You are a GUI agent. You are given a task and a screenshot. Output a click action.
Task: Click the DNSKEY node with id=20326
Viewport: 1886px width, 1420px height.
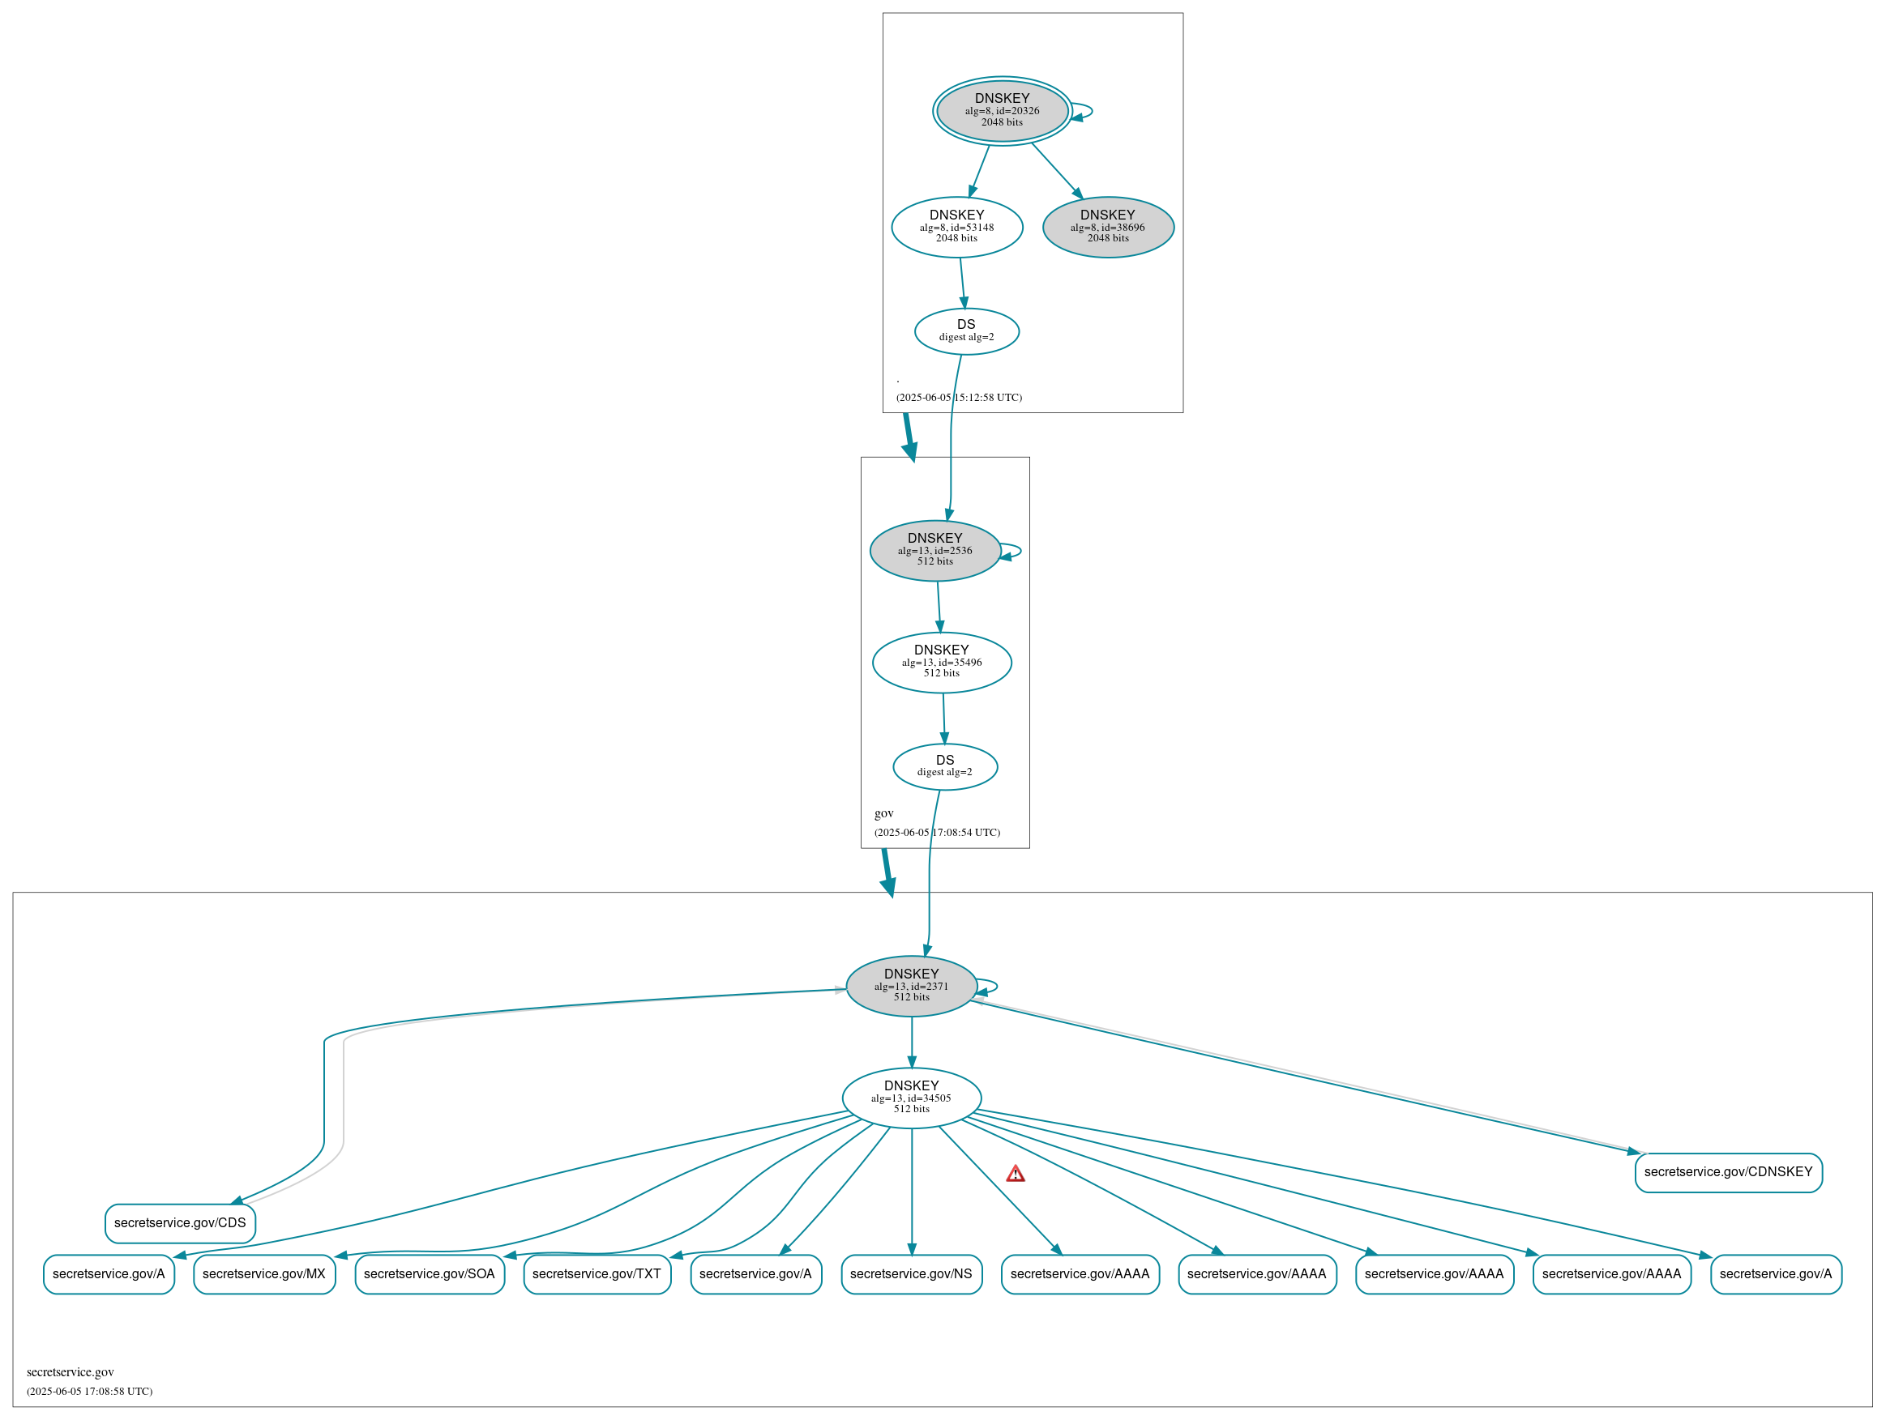[x=1002, y=111]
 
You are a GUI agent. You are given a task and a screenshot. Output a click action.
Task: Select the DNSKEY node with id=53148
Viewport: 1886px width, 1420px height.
[x=956, y=228]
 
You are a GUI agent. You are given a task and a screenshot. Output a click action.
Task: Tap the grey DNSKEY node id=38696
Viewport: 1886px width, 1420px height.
[x=1108, y=228]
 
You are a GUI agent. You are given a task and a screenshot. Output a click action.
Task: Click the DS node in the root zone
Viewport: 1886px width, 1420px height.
[x=966, y=331]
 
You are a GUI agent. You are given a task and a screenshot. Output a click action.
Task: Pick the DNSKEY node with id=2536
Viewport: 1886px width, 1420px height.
[x=934, y=551]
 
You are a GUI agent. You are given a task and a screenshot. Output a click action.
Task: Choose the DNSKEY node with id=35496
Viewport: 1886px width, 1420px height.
[x=941, y=663]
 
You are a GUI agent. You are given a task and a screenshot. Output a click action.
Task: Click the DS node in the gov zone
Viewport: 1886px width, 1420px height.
[x=945, y=766]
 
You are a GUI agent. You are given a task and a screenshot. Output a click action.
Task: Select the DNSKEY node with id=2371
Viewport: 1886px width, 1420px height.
[x=911, y=986]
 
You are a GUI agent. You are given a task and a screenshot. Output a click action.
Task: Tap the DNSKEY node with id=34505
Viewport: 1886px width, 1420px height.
[x=911, y=1098]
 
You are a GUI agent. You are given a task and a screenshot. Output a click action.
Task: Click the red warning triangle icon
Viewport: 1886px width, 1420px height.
[x=1015, y=1175]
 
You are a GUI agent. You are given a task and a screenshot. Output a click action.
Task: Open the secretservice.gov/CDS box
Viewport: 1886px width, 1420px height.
[x=180, y=1223]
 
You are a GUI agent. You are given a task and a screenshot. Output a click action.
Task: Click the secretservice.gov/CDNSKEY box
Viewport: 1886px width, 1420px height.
[x=1727, y=1172]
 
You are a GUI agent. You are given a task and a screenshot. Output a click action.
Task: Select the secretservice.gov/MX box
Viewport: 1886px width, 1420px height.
[x=264, y=1273]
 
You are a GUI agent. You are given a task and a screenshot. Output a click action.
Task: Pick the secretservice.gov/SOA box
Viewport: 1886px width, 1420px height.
[x=429, y=1273]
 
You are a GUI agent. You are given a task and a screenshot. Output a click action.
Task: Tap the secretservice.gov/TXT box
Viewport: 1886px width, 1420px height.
[x=597, y=1273]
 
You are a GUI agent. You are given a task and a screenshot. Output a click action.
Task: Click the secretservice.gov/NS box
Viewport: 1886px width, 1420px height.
[x=911, y=1273]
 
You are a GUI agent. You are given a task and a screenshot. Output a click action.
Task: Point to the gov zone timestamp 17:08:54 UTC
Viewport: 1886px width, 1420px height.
[x=937, y=833]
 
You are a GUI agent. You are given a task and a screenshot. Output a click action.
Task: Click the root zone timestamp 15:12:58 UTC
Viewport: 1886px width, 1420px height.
[x=958, y=398]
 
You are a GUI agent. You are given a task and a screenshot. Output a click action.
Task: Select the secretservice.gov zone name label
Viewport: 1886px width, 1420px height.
[x=70, y=1371]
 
